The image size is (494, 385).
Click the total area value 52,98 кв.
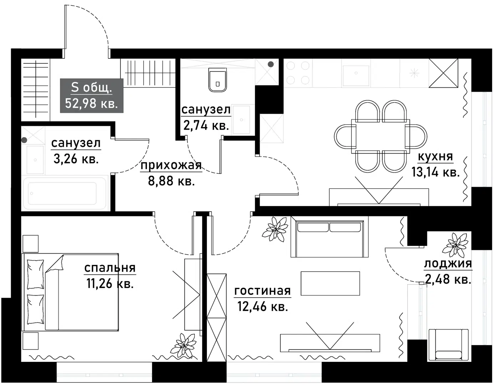(91, 103)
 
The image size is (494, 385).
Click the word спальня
(110, 268)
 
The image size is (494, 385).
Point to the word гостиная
(263, 291)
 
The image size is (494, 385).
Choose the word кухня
(435, 156)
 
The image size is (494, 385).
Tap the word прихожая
(171, 165)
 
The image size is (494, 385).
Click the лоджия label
(448, 264)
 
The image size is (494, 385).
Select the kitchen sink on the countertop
(356, 73)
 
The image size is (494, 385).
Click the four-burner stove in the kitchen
(298, 73)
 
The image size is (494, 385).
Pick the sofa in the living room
(330, 237)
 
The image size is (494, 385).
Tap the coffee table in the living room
(330, 283)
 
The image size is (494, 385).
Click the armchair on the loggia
(448, 345)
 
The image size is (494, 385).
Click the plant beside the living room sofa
(275, 229)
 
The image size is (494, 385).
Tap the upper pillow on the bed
(35, 274)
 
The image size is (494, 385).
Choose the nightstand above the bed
(31, 244)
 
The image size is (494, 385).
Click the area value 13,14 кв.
(435, 172)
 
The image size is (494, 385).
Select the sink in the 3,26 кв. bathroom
(35, 160)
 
